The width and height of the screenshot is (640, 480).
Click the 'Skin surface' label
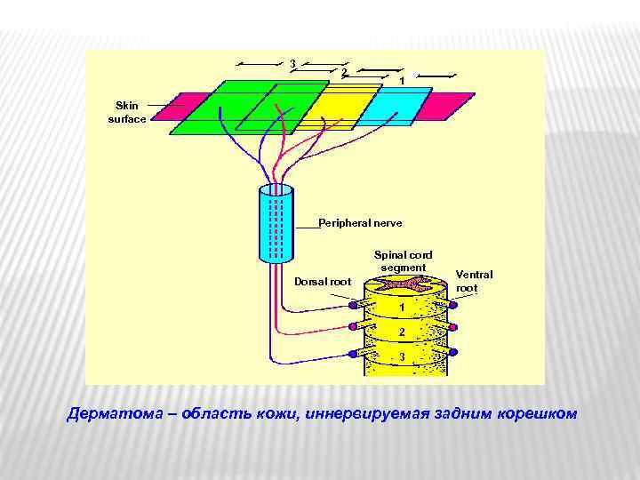[126, 111]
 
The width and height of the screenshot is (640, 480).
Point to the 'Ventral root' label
[474, 281]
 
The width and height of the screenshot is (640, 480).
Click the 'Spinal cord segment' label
[404, 260]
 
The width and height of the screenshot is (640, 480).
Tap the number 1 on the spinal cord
[403, 308]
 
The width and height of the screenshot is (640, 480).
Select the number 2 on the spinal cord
[403, 332]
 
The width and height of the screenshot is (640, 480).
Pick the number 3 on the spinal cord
[403, 357]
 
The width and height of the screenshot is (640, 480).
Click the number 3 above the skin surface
[292, 62]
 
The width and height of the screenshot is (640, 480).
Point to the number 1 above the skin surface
[402, 81]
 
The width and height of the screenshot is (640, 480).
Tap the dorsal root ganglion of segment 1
[353, 305]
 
